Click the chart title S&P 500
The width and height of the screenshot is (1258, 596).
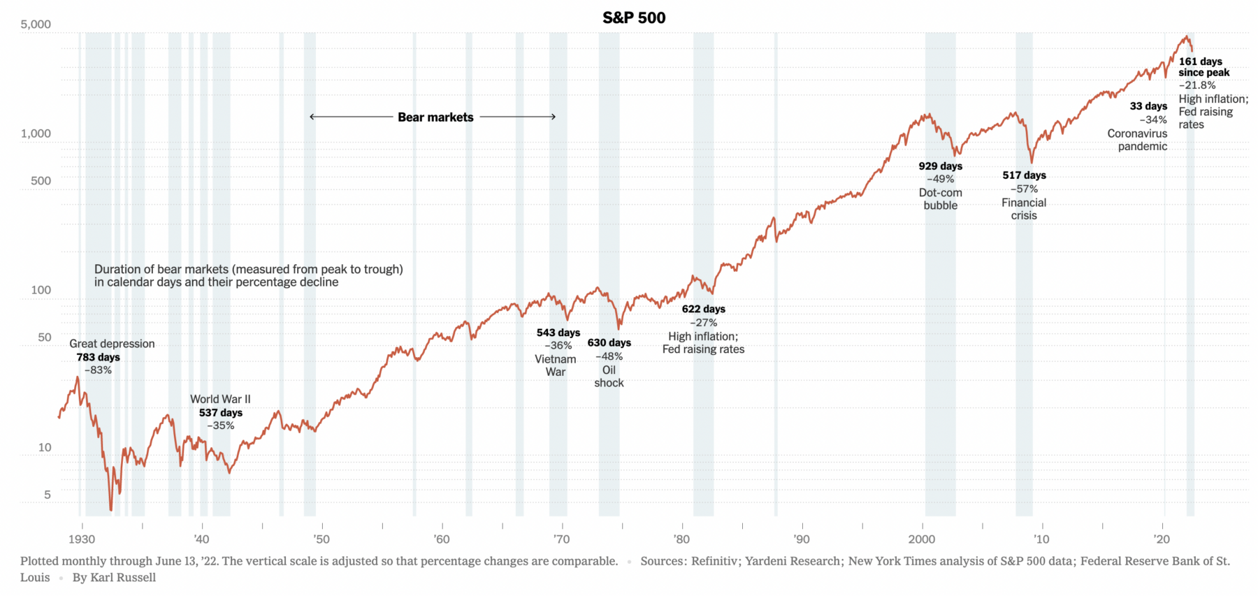click(634, 17)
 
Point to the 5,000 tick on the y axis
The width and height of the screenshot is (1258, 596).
click(36, 24)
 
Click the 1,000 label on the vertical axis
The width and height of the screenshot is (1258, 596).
click(36, 133)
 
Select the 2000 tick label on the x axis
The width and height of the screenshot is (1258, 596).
click(922, 539)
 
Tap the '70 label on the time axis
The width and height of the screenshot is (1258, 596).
click(561, 539)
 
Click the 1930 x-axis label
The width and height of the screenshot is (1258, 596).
click(82, 539)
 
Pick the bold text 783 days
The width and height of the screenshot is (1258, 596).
click(98, 357)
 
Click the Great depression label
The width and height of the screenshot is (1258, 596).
click(112, 344)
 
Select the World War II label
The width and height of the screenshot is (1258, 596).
click(220, 399)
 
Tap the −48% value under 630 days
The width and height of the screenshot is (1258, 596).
click(609, 356)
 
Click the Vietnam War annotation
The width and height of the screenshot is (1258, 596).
click(556, 365)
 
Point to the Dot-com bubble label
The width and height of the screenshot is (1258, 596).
click(941, 199)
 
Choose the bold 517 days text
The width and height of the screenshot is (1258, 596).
click(1024, 175)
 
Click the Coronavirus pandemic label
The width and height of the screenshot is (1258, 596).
click(1138, 140)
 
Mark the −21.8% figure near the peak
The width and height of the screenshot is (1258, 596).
click(1197, 85)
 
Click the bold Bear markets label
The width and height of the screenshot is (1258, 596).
click(435, 117)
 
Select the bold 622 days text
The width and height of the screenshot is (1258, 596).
click(703, 309)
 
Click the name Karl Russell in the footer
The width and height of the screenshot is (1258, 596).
click(123, 577)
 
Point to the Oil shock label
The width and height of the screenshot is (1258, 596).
click(609, 377)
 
